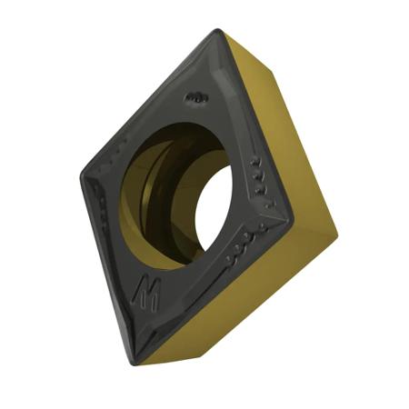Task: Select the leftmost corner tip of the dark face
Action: tap(81, 173)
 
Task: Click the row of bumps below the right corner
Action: tap(245, 244)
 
